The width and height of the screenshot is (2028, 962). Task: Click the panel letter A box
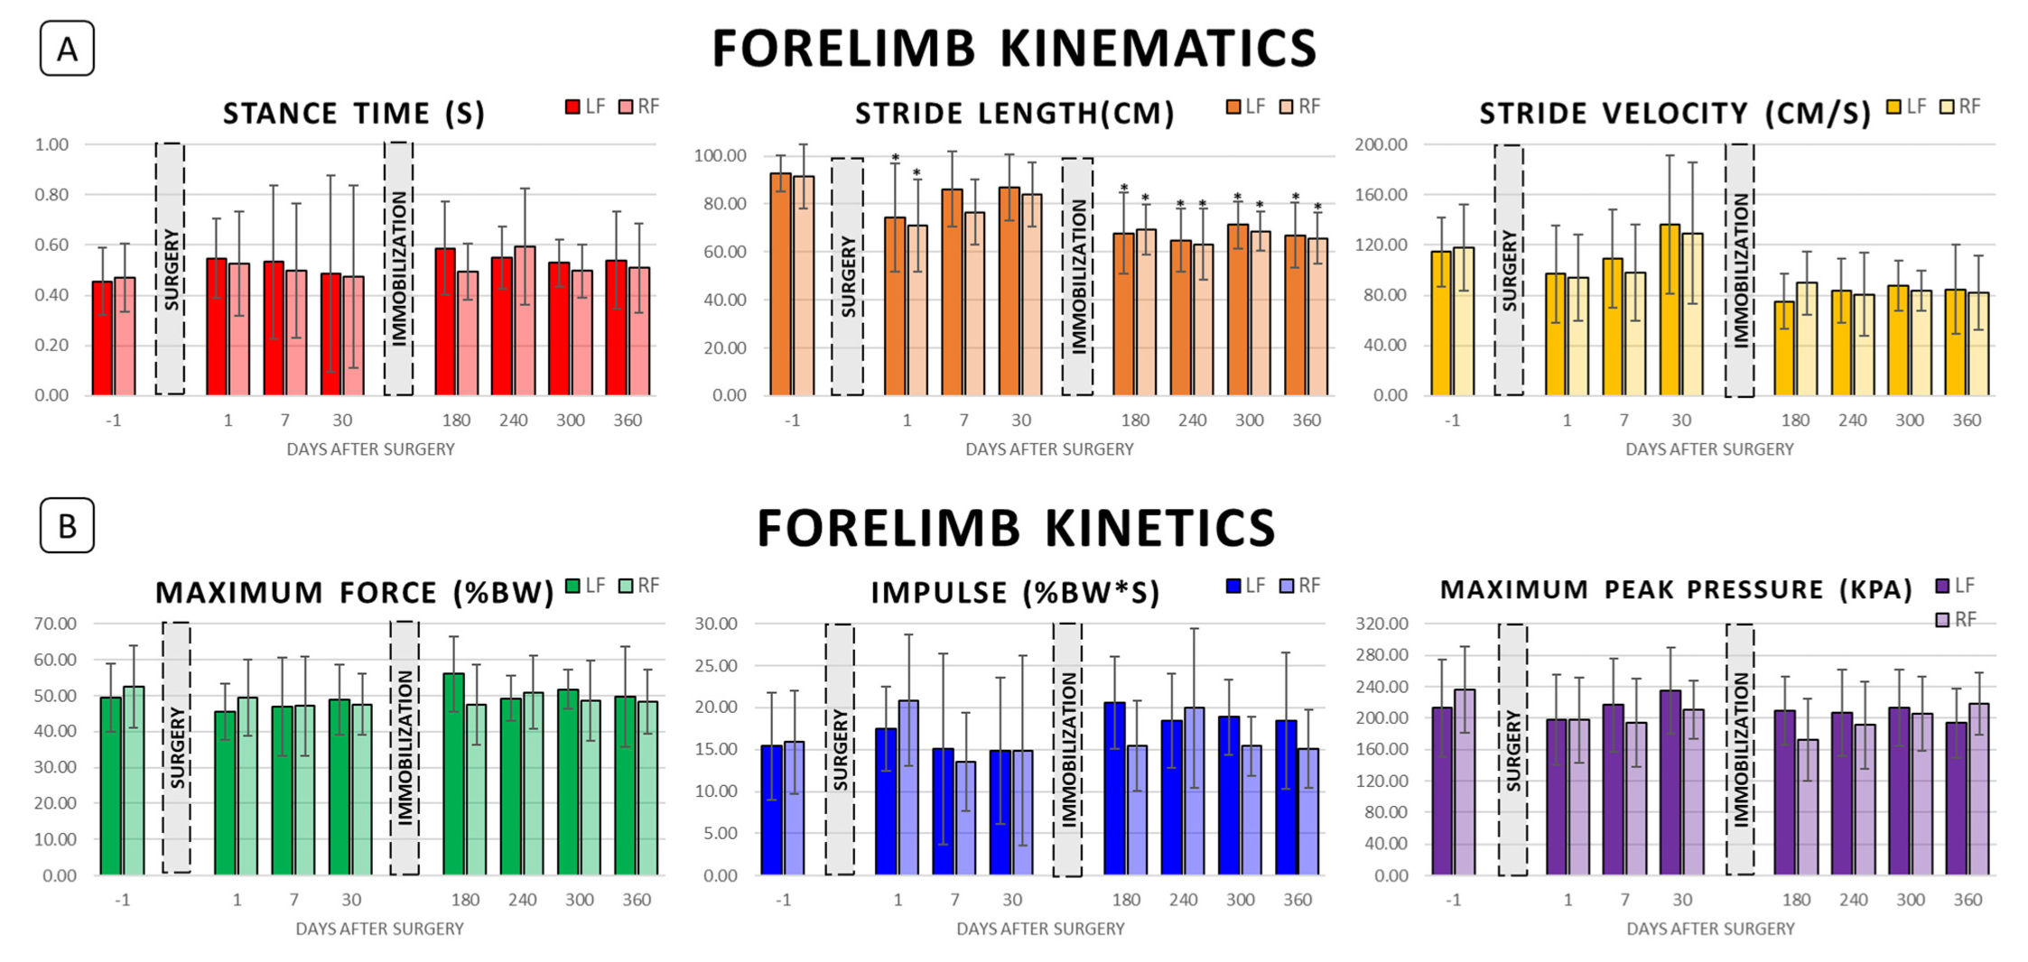tap(67, 49)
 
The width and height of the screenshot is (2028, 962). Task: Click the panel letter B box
tap(67, 525)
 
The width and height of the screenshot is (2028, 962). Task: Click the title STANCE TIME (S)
tap(354, 114)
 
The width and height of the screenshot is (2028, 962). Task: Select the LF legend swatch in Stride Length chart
tap(1233, 106)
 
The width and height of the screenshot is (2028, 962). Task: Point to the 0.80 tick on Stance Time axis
tap(51, 195)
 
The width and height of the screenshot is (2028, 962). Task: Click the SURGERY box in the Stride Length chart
tap(847, 277)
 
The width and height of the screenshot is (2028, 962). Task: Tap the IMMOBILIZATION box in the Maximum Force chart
tap(405, 747)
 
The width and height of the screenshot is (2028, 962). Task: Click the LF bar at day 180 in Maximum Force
tap(453, 773)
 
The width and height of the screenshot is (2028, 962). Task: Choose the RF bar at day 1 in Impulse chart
tap(908, 787)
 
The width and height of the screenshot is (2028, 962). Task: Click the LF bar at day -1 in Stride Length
tap(780, 284)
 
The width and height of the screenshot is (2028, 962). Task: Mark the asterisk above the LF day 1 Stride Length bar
tap(895, 159)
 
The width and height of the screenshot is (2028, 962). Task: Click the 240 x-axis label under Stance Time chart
tap(513, 421)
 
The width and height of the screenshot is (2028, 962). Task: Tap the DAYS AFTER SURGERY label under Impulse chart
tap(1040, 929)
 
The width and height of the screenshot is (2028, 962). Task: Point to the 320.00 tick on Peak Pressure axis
tap(1381, 624)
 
